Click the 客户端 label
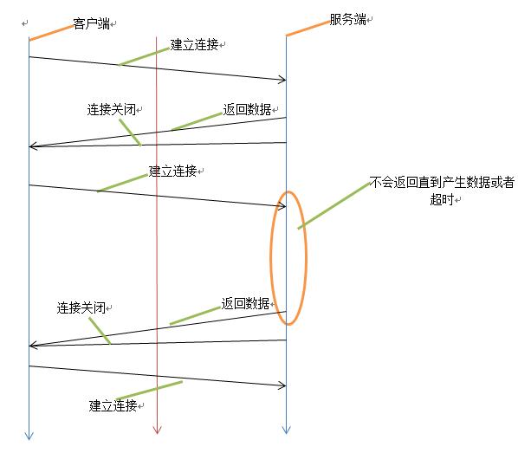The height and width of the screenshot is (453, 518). pyautogui.click(x=91, y=23)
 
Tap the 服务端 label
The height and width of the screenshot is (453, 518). pyautogui.click(x=348, y=20)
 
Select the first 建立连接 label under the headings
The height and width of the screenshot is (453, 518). pyautogui.click(x=194, y=44)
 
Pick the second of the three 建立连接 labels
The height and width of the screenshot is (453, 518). pyautogui.click(x=172, y=171)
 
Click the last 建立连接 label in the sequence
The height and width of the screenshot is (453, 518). pyautogui.click(x=113, y=405)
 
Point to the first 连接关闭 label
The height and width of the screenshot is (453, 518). pyautogui.click(x=112, y=109)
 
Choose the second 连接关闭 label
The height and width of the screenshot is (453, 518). pyautogui.click(x=81, y=307)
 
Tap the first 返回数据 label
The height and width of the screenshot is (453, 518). pyautogui.click(x=247, y=109)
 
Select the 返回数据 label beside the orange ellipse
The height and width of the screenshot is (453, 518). pyautogui.click(x=245, y=303)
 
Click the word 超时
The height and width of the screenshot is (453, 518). pyautogui.click(x=442, y=199)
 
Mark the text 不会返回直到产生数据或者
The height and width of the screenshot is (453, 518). pyautogui.click(x=442, y=182)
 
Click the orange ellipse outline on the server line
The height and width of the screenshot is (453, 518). pyautogui.click(x=271, y=258)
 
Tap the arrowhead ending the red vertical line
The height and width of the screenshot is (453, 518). pyautogui.click(x=157, y=430)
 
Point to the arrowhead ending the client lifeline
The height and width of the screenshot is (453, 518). pyautogui.click(x=29, y=436)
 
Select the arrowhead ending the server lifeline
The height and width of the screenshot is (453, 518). pyautogui.click(x=286, y=430)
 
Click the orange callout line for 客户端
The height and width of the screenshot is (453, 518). pyautogui.click(x=51, y=33)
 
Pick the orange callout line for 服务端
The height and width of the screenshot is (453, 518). pyautogui.click(x=308, y=29)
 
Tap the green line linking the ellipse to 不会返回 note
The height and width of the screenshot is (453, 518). pyautogui.click(x=333, y=205)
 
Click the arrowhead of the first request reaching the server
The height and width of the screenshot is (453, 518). pyautogui.click(x=282, y=80)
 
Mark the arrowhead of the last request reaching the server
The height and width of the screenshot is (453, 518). pyautogui.click(x=282, y=385)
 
